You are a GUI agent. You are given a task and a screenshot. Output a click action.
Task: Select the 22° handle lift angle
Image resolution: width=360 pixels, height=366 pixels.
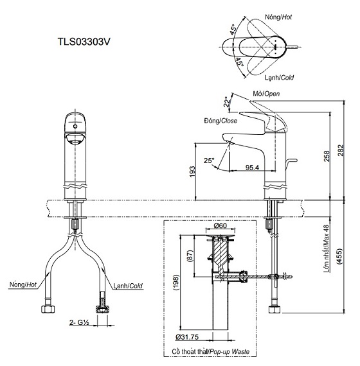[226, 101]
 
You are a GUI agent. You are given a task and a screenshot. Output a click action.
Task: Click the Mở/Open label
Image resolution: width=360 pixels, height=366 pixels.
[265, 94]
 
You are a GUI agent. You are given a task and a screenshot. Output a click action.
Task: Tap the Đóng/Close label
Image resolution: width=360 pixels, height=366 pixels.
[219, 121]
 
